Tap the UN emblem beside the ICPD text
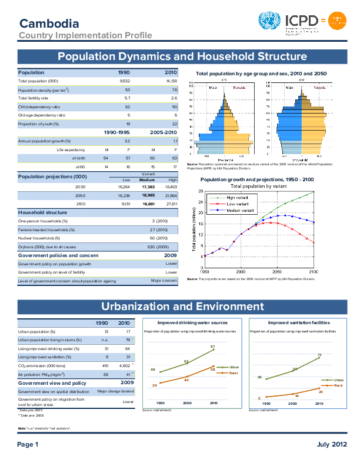point(270,22)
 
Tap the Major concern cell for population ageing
point(164,281)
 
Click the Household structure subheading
point(42,212)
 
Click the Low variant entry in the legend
point(238,204)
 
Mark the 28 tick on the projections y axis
point(201,192)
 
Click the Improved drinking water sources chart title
point(193,323)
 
